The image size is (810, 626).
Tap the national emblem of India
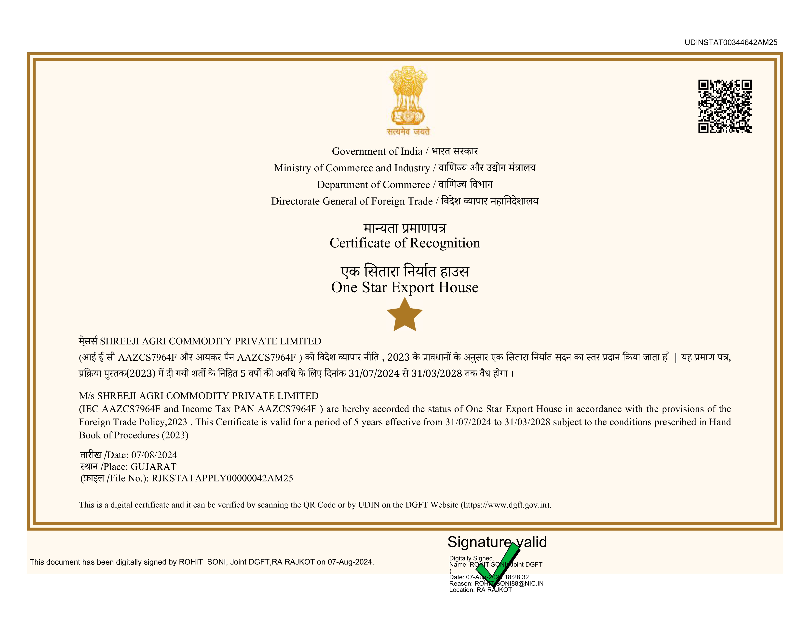click(x=408, y=96)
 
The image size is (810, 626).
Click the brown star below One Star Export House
click(x=405, y=315)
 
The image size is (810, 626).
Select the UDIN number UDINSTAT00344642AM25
click(x=731, y=42)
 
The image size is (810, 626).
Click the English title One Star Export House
click(x=405, y=287)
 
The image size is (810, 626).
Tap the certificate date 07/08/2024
click(x=154, y=455)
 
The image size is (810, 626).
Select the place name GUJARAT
click(x=154, y=466)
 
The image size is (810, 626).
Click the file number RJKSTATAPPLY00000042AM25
click(x=222, y=478)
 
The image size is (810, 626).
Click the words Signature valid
click(x=497, y=542)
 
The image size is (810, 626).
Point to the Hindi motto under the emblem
click(x=408, y=132)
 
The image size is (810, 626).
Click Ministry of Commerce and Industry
click(x=351, y=168)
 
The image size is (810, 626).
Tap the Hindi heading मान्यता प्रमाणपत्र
click(x=405, y=228)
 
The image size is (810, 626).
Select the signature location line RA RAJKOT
click(x=494, y=590)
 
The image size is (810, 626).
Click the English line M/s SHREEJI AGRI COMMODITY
click(x=199, y=396)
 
